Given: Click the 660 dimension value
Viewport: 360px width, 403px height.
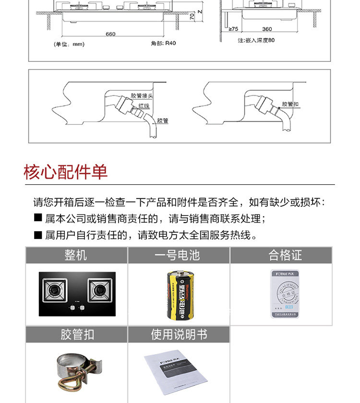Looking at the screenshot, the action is (110, 34).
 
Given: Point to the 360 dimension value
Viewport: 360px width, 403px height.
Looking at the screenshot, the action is (267, 29).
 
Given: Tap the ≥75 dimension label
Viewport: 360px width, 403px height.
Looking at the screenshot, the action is (234, 29).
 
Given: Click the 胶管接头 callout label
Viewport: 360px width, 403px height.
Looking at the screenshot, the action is (141, 96).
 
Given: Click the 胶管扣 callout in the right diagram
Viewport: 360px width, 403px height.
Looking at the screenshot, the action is (290, 104).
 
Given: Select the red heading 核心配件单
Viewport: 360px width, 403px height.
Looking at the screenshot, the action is (66, 172).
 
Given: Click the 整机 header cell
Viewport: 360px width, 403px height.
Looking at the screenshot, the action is (76, 255).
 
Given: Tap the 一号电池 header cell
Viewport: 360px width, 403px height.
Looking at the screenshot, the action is (178, 255).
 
